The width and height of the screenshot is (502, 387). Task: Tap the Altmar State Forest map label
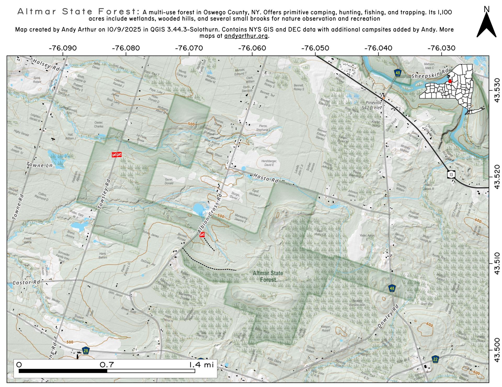(268, 276)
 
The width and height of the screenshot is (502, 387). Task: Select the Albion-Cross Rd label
(209, 214)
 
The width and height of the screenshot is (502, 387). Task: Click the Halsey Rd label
(46, 64)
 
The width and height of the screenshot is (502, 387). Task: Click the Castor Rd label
(26, 282)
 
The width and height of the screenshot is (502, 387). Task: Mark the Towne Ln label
(39, 165)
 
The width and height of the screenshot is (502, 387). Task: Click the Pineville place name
(373, 103)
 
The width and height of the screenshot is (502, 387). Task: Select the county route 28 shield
(85, 350)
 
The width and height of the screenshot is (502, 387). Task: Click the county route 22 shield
(435, 359)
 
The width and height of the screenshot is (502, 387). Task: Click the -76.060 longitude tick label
(252, 48)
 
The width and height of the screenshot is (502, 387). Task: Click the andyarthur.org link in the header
(246, 36)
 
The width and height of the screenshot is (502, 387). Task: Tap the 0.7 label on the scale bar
(107, 364)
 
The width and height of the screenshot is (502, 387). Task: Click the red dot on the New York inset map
(450, 81)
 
